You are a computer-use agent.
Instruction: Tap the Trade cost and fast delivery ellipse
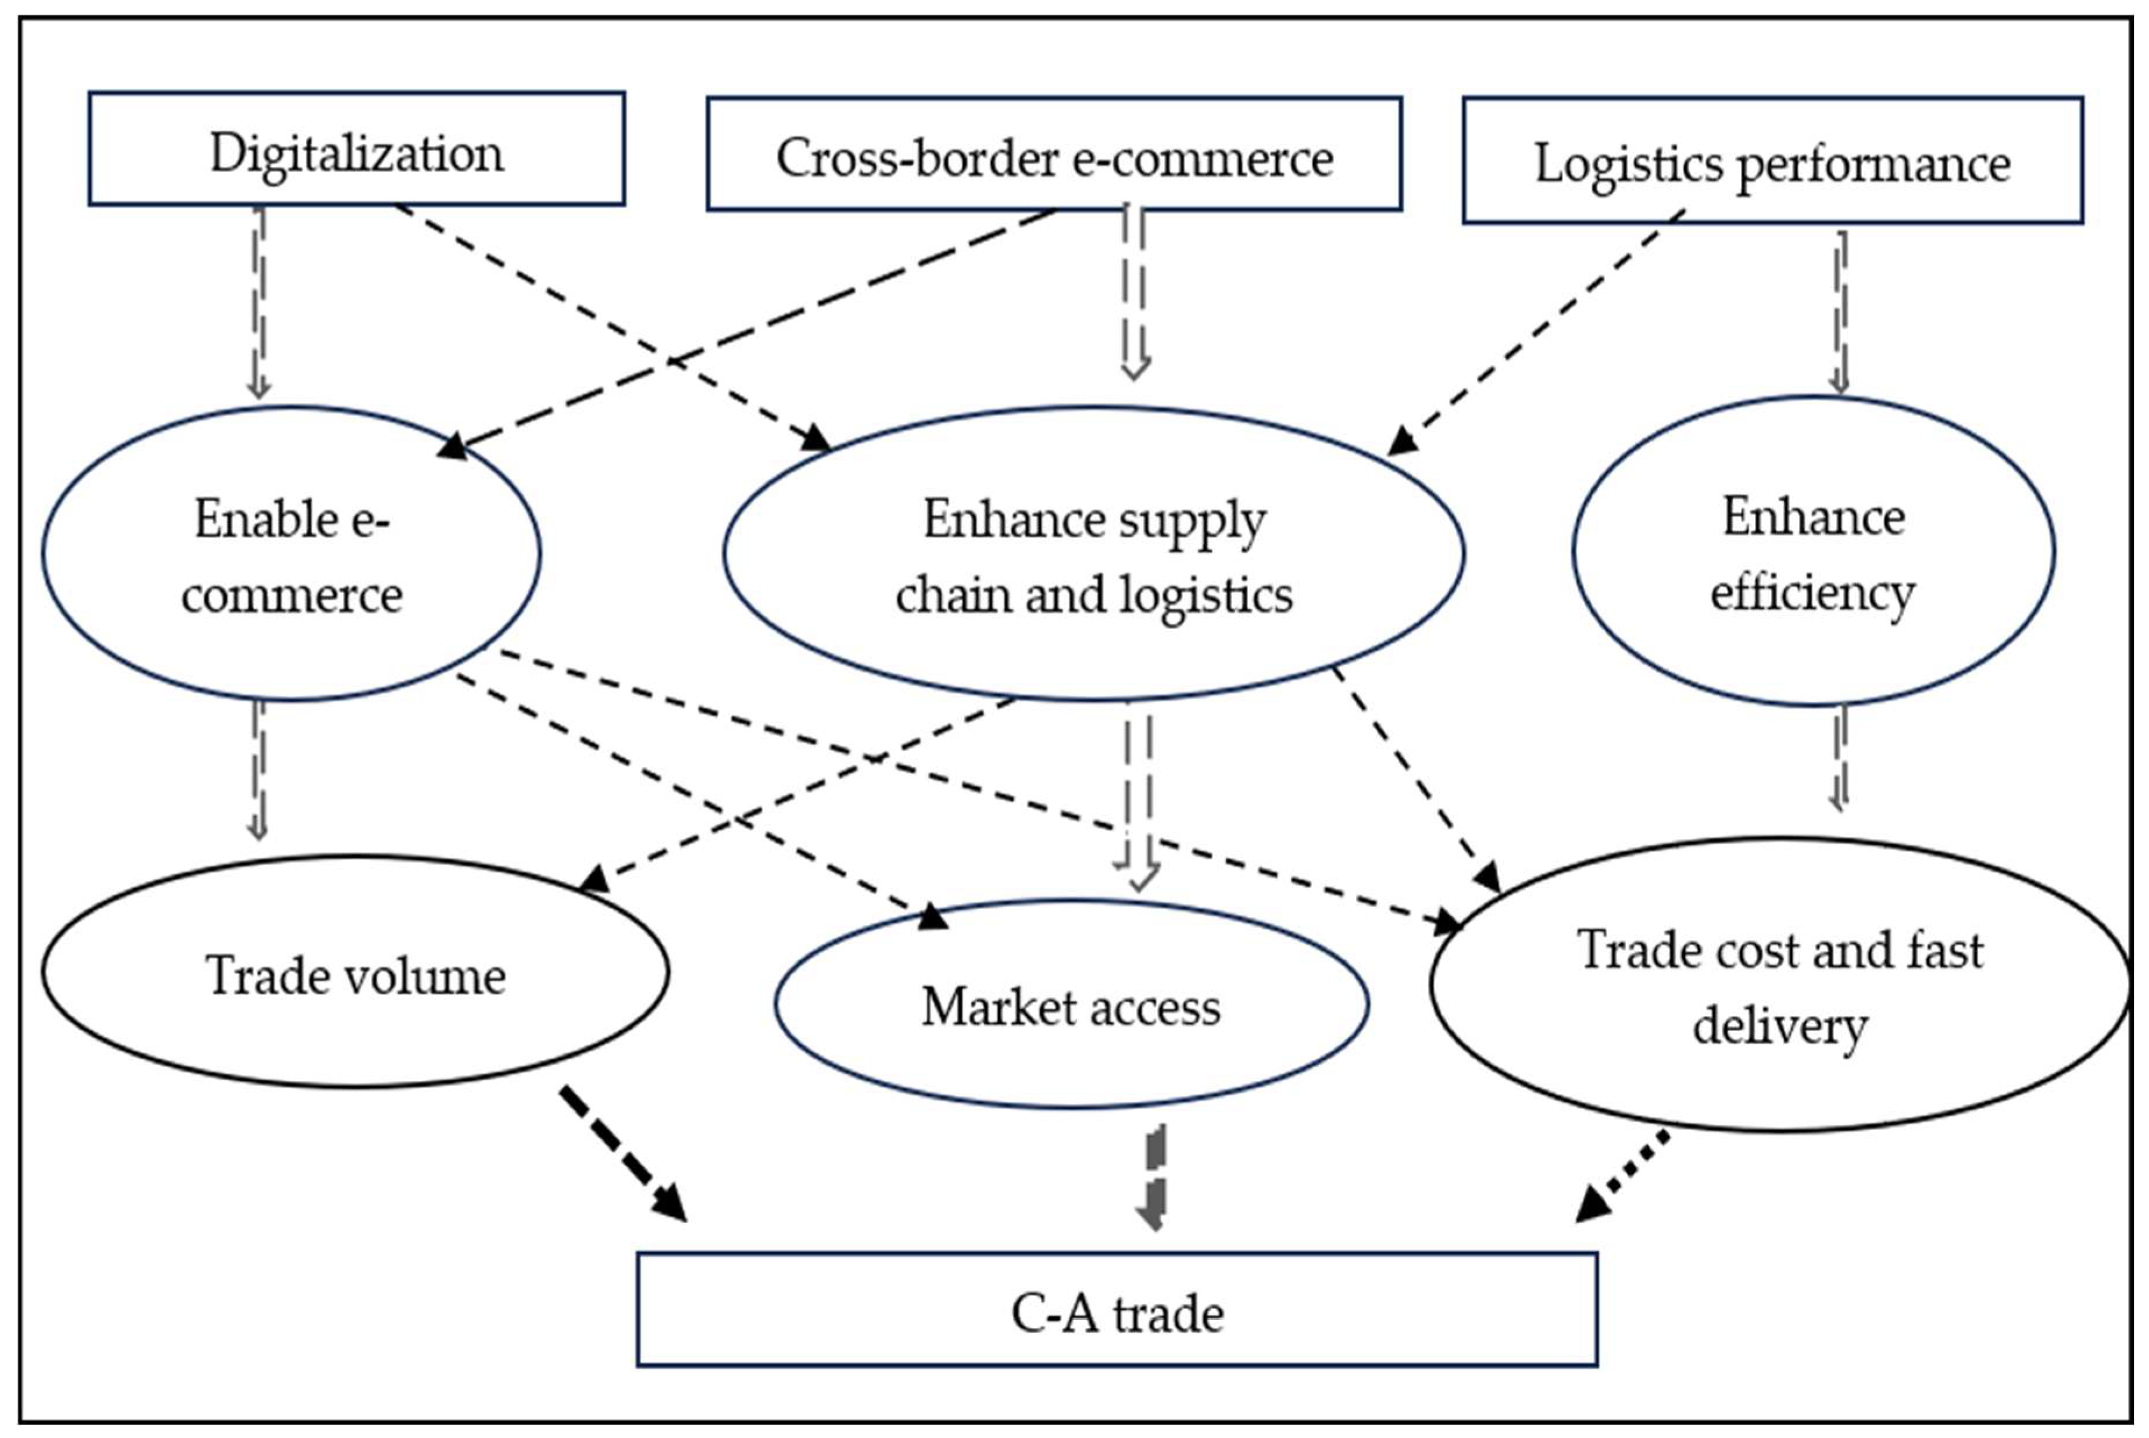coord(1779,986)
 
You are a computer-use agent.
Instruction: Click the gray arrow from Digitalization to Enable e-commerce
coord(260,303)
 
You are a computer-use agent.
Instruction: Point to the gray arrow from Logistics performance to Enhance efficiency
coord(1839,312)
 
